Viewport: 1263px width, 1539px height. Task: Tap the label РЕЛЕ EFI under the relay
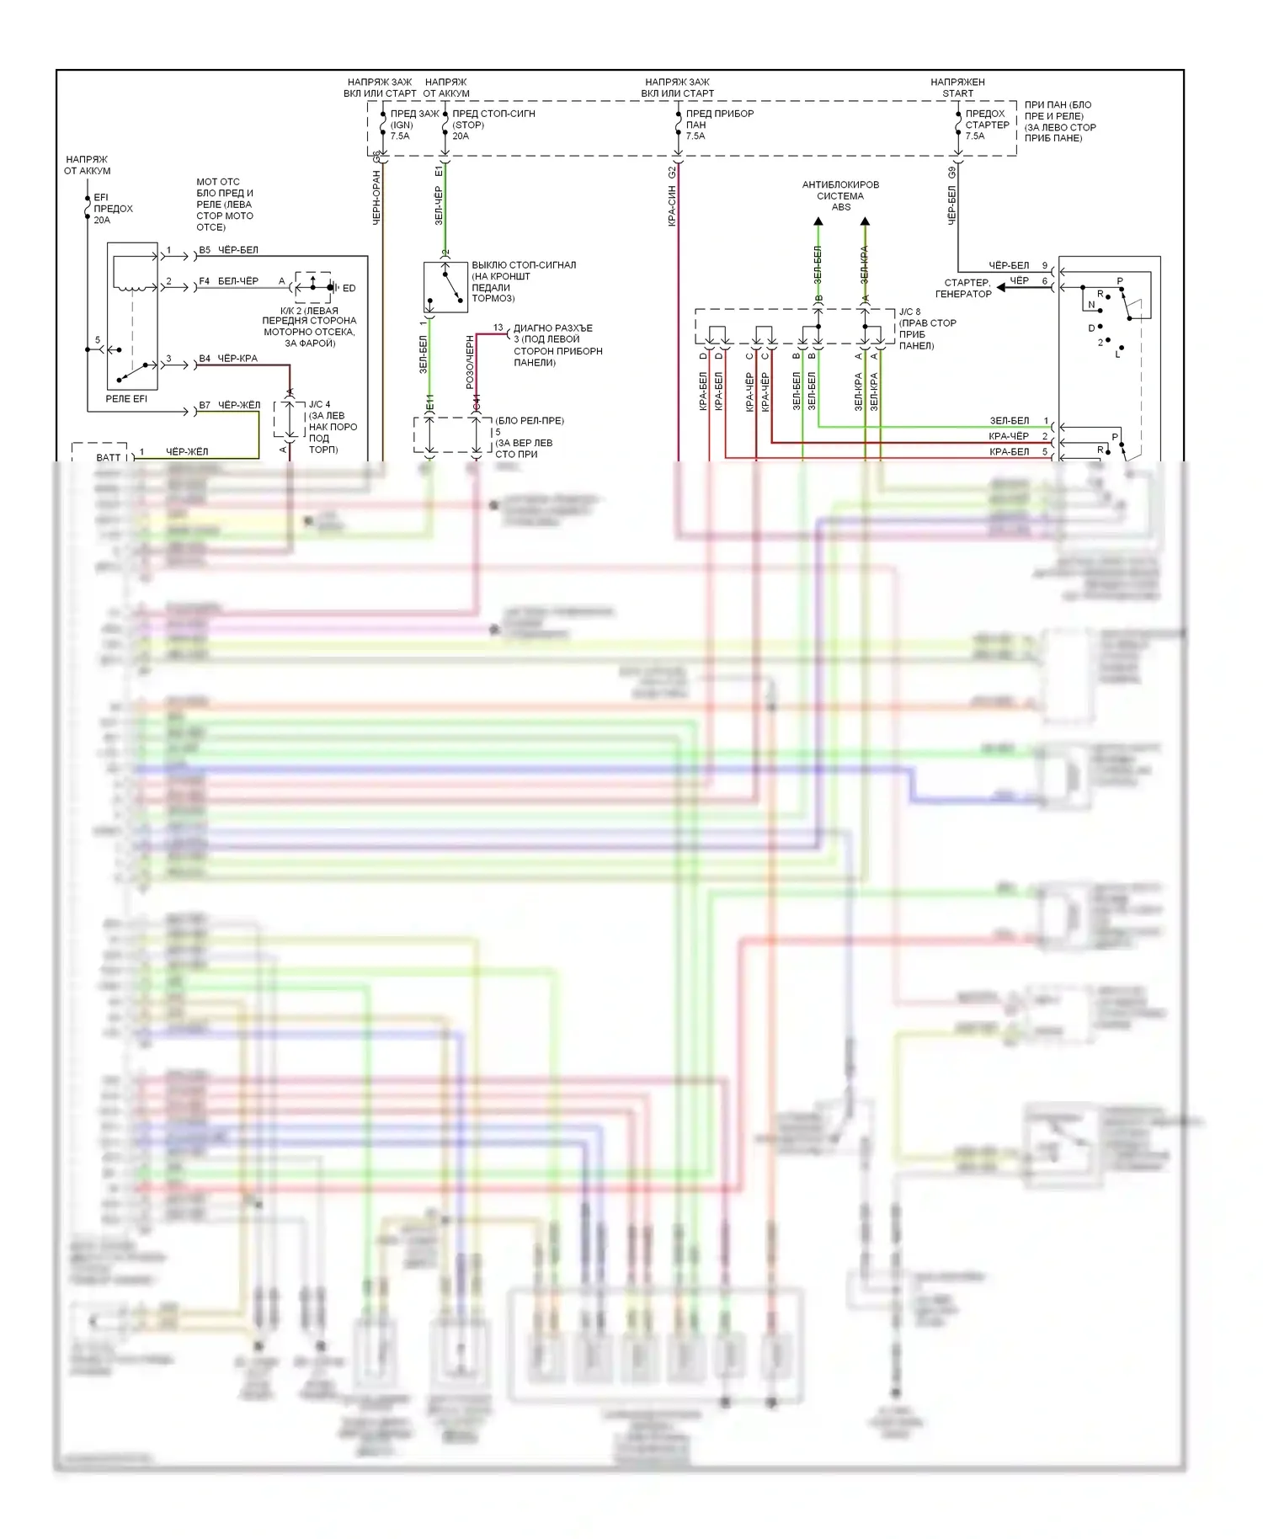(x=126, y=399)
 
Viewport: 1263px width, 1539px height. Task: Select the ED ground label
(x=349, y=289)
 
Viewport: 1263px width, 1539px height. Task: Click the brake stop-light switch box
(x=445, y=287)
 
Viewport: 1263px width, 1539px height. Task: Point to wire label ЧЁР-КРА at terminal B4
(x=237, y=359)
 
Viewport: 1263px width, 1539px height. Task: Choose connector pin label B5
(x=205, y=250)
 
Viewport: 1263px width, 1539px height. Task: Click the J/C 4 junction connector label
(x=320, y=405)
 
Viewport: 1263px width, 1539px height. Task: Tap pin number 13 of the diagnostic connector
(x=498, y=328)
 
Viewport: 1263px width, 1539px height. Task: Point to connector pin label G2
(x=671, y=172)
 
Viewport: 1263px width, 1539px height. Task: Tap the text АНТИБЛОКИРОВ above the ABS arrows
(x=839, y=184)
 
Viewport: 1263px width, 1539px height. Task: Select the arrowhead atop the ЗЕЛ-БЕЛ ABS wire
(x=818, y=221)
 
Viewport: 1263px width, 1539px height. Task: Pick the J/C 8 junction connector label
(x=909, y=312)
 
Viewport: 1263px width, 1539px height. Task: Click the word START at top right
(x=957, y=93)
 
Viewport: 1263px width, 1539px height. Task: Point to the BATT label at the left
(x=109, y=458)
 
